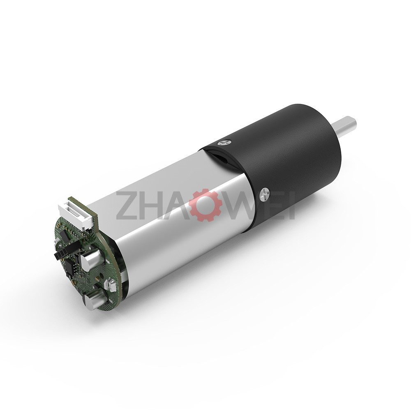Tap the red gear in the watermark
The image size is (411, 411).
203,205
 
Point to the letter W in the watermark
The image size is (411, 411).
240,205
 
